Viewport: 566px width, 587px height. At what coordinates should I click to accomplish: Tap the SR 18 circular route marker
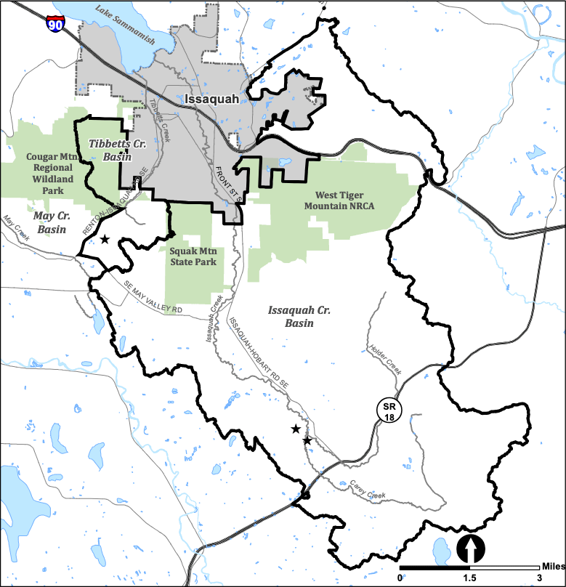click(390, 410)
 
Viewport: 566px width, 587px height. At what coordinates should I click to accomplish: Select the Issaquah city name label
click(211, 99)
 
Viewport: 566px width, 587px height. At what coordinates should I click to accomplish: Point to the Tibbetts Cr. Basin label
click(118, 150)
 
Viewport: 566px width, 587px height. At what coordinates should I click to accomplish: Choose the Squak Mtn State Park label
click(193, 256)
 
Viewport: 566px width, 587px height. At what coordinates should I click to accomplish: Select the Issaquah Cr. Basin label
click(299, 316)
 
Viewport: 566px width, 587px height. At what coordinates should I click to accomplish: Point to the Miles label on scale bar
click(551, 566)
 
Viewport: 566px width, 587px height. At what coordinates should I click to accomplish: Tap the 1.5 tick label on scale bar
click(470, 578)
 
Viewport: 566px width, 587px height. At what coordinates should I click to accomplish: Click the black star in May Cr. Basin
click(105, 239)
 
